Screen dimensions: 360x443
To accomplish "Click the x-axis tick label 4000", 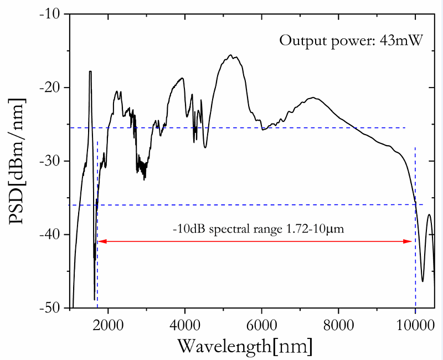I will coord(184,325).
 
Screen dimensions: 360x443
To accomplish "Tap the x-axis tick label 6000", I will coord(261,325).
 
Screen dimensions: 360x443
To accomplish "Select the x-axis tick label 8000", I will coord(338,325).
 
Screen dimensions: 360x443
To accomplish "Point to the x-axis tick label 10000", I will coord(415,325).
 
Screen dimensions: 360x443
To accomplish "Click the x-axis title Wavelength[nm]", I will coord(244,346).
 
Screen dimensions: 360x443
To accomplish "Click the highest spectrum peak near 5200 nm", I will coord(230,55).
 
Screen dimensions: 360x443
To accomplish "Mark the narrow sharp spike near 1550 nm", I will coord(90,71).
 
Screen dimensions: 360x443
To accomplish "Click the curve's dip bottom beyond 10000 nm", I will coord(423,281).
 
